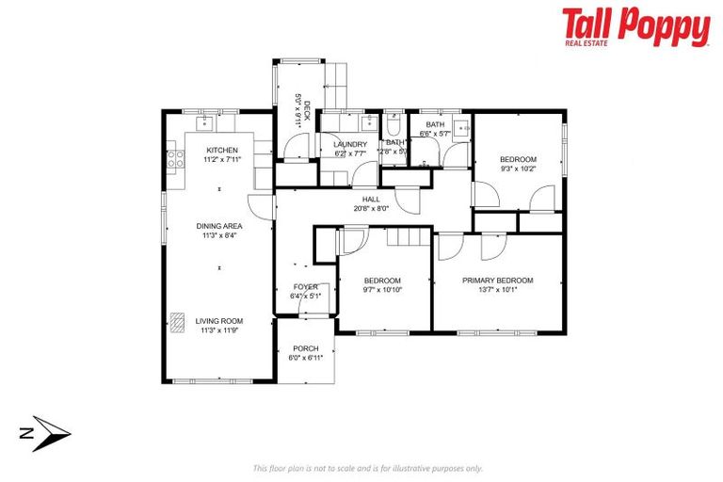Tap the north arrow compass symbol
47,433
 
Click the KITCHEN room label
222,151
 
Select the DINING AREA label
219,226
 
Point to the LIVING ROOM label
219,321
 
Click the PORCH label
305,348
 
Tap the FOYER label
305,286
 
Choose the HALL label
371,199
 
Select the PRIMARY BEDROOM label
497,280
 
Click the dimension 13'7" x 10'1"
497,290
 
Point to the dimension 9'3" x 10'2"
518,169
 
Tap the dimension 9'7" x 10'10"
382,290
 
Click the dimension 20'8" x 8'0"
371,208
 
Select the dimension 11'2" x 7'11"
222,160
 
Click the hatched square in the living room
178,321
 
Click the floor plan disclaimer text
367,468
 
